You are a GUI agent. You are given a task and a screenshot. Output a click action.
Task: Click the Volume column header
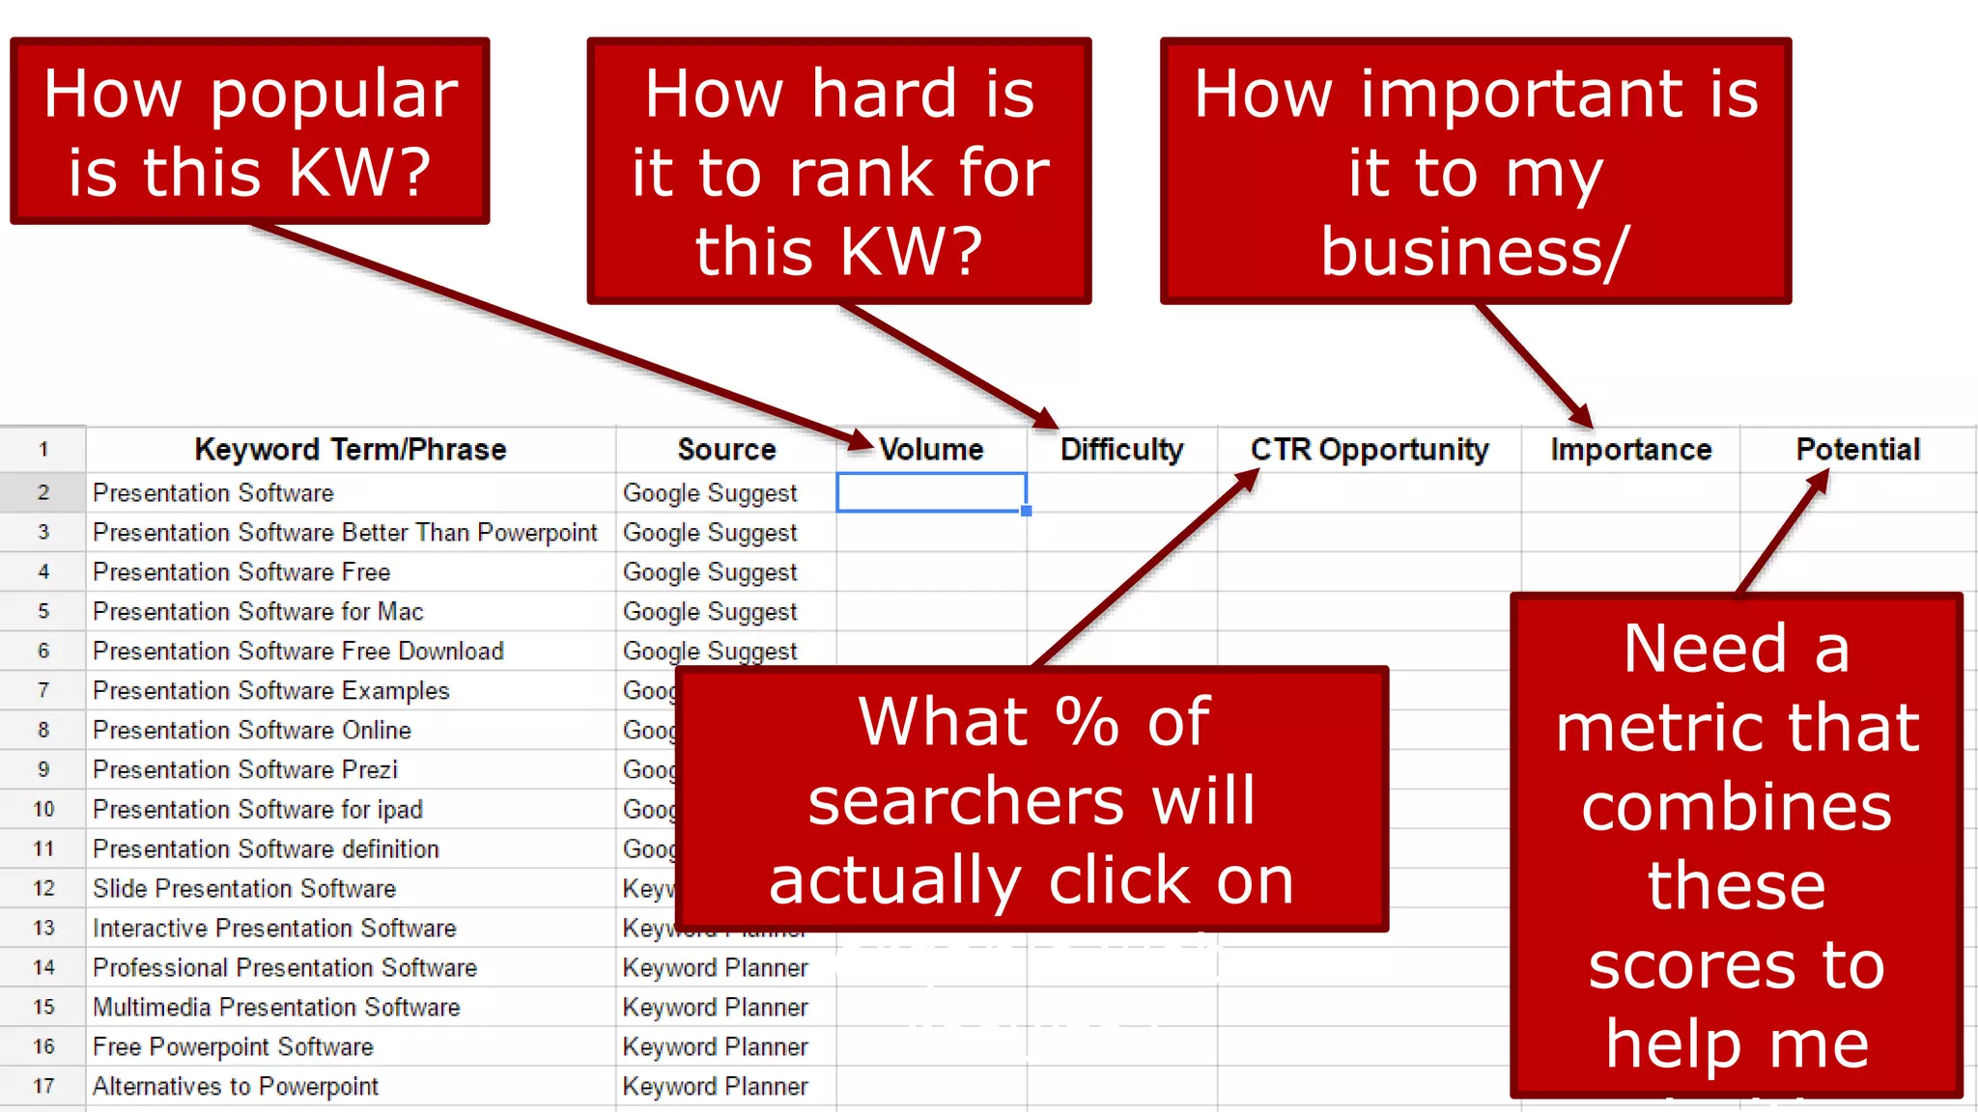click(931, 450)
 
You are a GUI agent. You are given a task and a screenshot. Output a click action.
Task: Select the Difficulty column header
click(1121, 450)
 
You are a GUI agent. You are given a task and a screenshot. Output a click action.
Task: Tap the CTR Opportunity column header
click(1370, 450)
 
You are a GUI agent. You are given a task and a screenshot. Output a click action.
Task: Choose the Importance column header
click(1630, 450)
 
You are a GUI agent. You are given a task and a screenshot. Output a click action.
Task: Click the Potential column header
click(1857, 450)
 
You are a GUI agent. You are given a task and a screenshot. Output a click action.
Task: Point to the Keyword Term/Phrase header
click(350, 450)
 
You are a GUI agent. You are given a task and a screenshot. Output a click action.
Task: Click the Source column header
click(726, 450)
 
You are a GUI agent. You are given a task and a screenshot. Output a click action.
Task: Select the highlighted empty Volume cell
click(931, 492)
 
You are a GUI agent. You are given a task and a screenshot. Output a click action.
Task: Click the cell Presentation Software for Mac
click(258, 612)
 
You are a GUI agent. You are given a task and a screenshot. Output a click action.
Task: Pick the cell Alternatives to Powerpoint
click(236, 1087)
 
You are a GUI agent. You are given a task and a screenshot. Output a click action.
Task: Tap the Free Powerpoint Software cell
click(233, 1047)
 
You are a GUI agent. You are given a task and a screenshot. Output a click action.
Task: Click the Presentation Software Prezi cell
click(245, 770)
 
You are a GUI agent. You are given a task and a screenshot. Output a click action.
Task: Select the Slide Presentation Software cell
click(244, 889)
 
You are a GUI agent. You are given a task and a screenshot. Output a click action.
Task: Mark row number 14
click(43, 968)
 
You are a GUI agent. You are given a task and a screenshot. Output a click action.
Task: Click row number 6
click(43, 652)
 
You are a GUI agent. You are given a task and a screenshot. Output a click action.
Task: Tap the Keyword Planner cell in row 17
click(715, 1087)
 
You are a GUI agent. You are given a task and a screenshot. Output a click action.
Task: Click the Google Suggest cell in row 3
click(710, 533)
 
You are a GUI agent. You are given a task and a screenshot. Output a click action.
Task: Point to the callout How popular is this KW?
click(250, 131)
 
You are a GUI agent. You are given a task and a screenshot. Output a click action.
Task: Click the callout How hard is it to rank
click(838, 171)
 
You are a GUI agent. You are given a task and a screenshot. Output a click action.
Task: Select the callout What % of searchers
click(1031, 799)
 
